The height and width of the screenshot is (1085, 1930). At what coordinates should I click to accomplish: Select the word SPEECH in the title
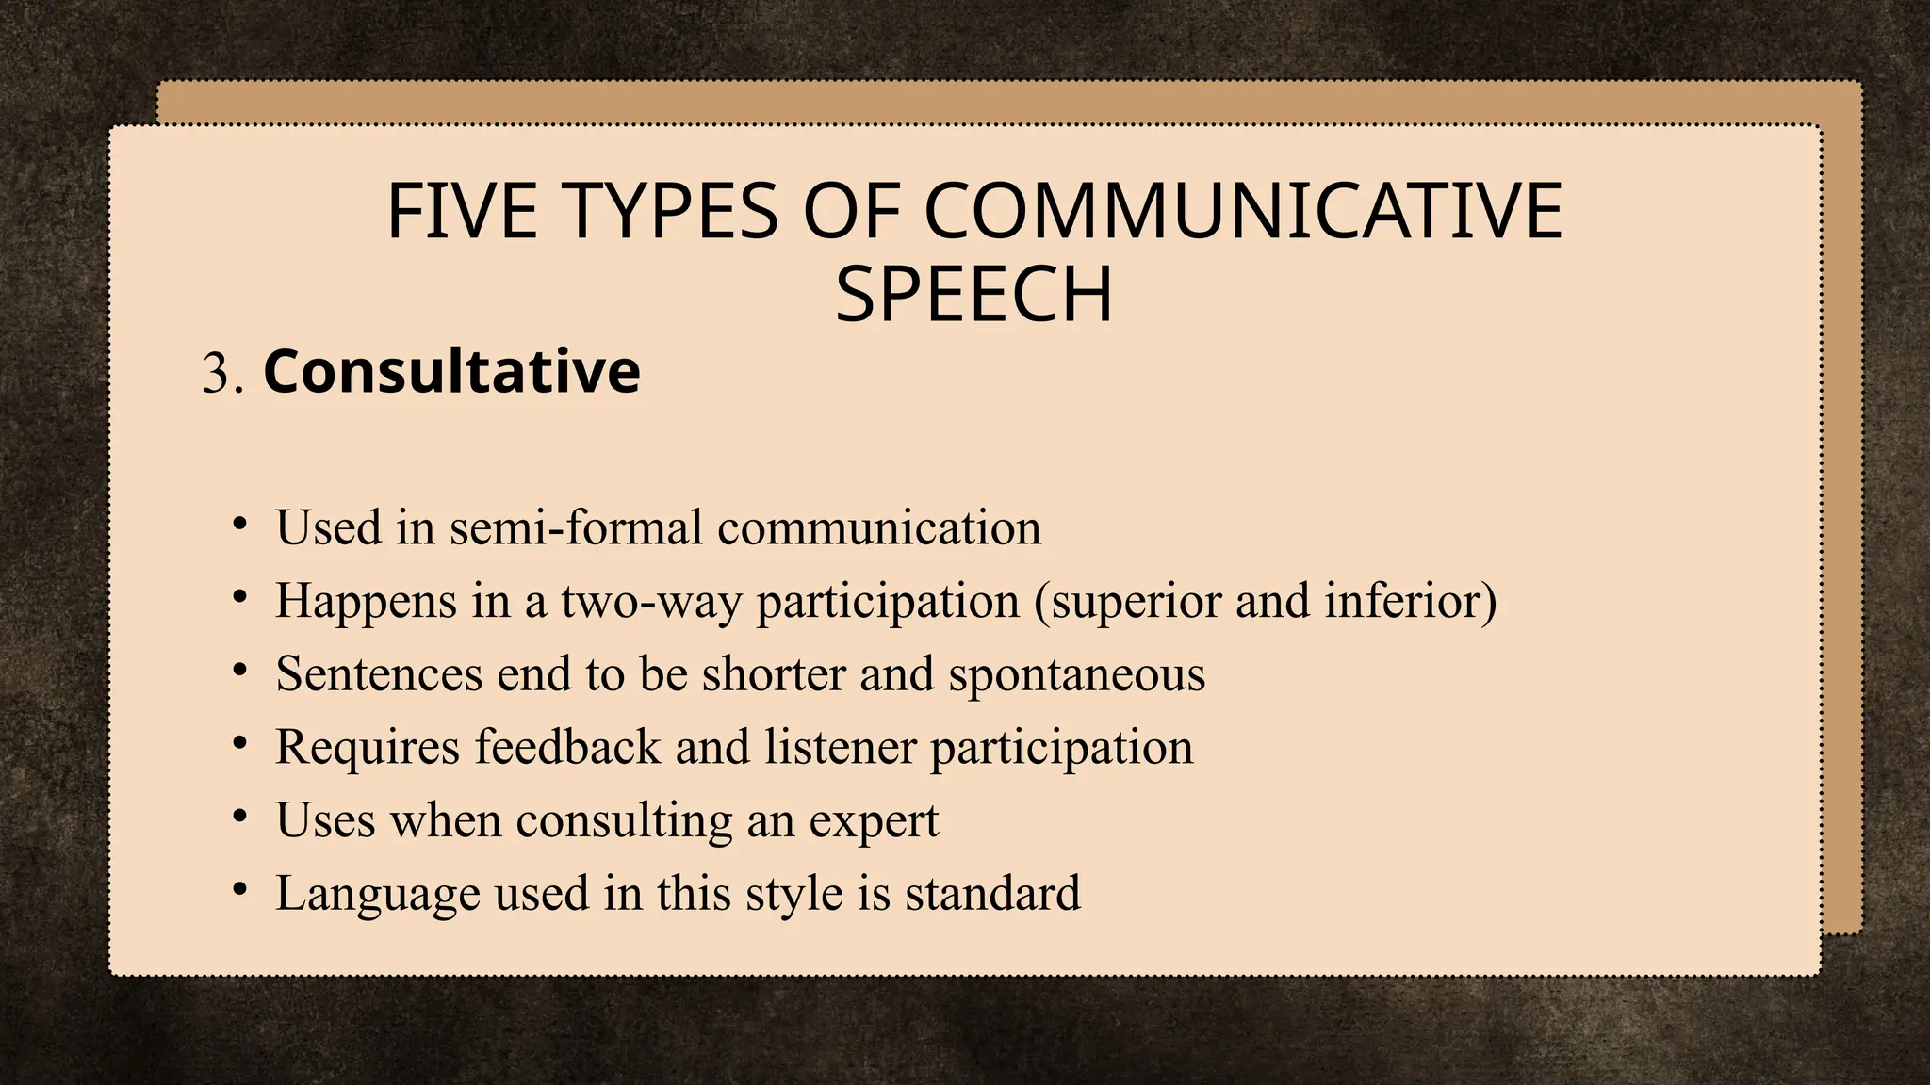pyautogui.click(x=973, y=295)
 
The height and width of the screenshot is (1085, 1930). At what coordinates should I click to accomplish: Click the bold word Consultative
pyautogui.click(x=451, y=371)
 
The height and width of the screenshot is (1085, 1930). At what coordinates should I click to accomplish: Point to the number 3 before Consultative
pyautogui.click(x=216, y=373)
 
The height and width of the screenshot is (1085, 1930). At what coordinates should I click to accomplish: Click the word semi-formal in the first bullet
pyautogui.click(x=576, y=526)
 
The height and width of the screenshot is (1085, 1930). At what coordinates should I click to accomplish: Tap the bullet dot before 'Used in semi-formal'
pyautogui.click(x=240, y=523)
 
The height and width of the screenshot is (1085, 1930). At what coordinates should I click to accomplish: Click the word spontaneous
pyautogui.click(x=1076, y=675)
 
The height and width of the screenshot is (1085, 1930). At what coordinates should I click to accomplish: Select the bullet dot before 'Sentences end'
pyautogui.click(x=240, y=670)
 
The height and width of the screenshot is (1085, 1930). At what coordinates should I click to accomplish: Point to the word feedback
pyautogui.click(x=567, y=746)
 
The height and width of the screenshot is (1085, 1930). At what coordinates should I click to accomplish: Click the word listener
pyautogui.click(x=840, y=746)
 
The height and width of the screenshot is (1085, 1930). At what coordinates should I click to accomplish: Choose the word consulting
pyautogui.click(x=624, y=820)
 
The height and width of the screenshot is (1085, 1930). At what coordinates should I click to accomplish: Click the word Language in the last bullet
pyautogui.click(x=377, y=894)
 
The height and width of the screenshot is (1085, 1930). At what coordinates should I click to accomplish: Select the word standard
pyautogui.click(x=992, y=893)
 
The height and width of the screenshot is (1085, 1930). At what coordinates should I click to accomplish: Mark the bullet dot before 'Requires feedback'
pyautogui.click(x=240, y=743)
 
